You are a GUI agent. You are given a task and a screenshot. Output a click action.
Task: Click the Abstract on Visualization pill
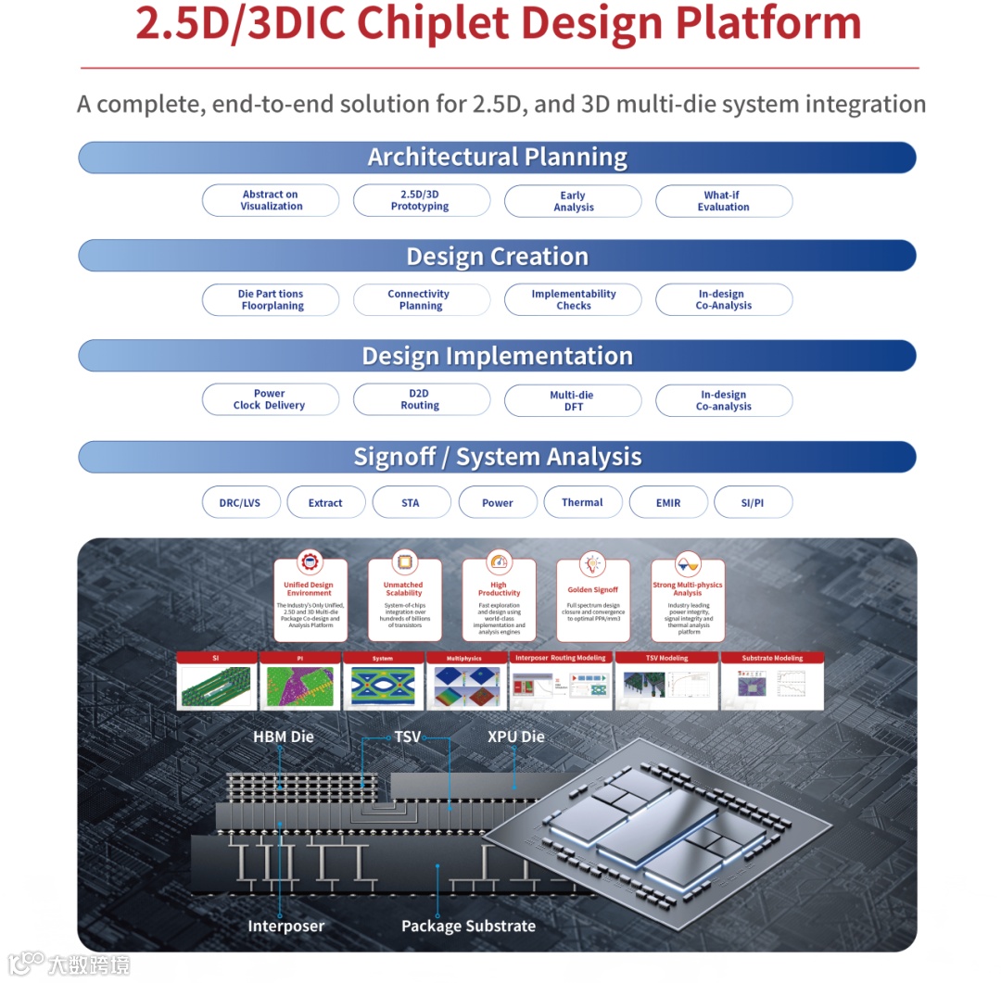271,201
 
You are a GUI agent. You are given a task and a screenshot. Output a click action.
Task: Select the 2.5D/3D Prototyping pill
421,201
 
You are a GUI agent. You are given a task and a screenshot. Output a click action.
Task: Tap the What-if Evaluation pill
723,201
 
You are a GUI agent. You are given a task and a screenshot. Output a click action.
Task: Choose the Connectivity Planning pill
421,300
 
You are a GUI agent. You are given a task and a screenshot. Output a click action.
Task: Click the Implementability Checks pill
573,300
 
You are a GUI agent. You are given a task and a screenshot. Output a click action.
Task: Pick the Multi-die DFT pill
573,401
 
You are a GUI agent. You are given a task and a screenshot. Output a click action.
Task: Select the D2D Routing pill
421,400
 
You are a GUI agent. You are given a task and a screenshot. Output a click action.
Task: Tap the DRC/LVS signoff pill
240,503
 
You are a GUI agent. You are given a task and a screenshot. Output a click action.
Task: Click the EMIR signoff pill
667,503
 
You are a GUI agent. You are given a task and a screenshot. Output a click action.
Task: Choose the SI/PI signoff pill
753,503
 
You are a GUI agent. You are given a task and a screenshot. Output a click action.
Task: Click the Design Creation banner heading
497,257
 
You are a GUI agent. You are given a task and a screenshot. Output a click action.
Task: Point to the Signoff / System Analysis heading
497,458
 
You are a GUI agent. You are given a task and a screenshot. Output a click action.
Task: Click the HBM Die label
284,737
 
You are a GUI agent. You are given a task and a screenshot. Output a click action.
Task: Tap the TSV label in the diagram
408,737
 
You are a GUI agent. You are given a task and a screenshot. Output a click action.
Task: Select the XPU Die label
516,737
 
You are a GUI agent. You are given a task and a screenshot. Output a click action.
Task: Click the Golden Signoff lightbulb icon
592,563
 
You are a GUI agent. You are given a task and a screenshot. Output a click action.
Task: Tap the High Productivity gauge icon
499,561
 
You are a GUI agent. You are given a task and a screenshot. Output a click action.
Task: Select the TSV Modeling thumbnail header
667,658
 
